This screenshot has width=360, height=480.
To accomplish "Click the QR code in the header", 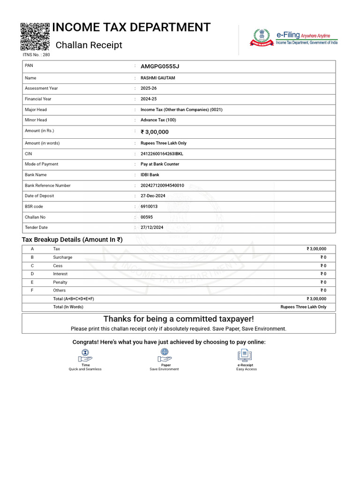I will [x=35, y=36].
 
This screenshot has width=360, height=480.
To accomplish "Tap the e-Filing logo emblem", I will [x=262, y=37].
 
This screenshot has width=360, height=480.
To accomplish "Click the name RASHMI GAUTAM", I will [x=158, y=78].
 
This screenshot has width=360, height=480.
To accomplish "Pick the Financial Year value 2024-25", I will [x=149, y=99].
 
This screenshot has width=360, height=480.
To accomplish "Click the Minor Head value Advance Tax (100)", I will [x=158, y=120].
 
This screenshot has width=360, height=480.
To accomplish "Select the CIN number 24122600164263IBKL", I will [x=162, y=154].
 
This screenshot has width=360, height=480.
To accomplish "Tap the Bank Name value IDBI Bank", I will [x=150, y=175].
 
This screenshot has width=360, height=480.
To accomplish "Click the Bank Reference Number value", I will [x=162, y=186].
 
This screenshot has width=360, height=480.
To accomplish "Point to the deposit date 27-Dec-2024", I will [x=153, y=196].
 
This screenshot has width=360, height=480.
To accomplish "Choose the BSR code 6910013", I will [x=149, y=206].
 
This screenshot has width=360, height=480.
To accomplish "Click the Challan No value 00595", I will [x=147, y=217].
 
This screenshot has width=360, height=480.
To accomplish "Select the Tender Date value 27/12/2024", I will [x=152, y=227].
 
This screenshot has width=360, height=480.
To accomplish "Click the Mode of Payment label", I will [x=42, y=164].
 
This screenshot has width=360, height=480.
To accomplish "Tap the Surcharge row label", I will [x=63, y=257].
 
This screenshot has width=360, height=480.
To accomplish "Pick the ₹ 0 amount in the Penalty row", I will [x=323, y=282].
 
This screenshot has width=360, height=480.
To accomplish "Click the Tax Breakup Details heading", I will [x=72, y=240].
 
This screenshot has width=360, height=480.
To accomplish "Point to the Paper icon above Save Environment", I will [x=165, y=355].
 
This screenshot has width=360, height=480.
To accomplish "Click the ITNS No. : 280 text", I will [x=36, y=55].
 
